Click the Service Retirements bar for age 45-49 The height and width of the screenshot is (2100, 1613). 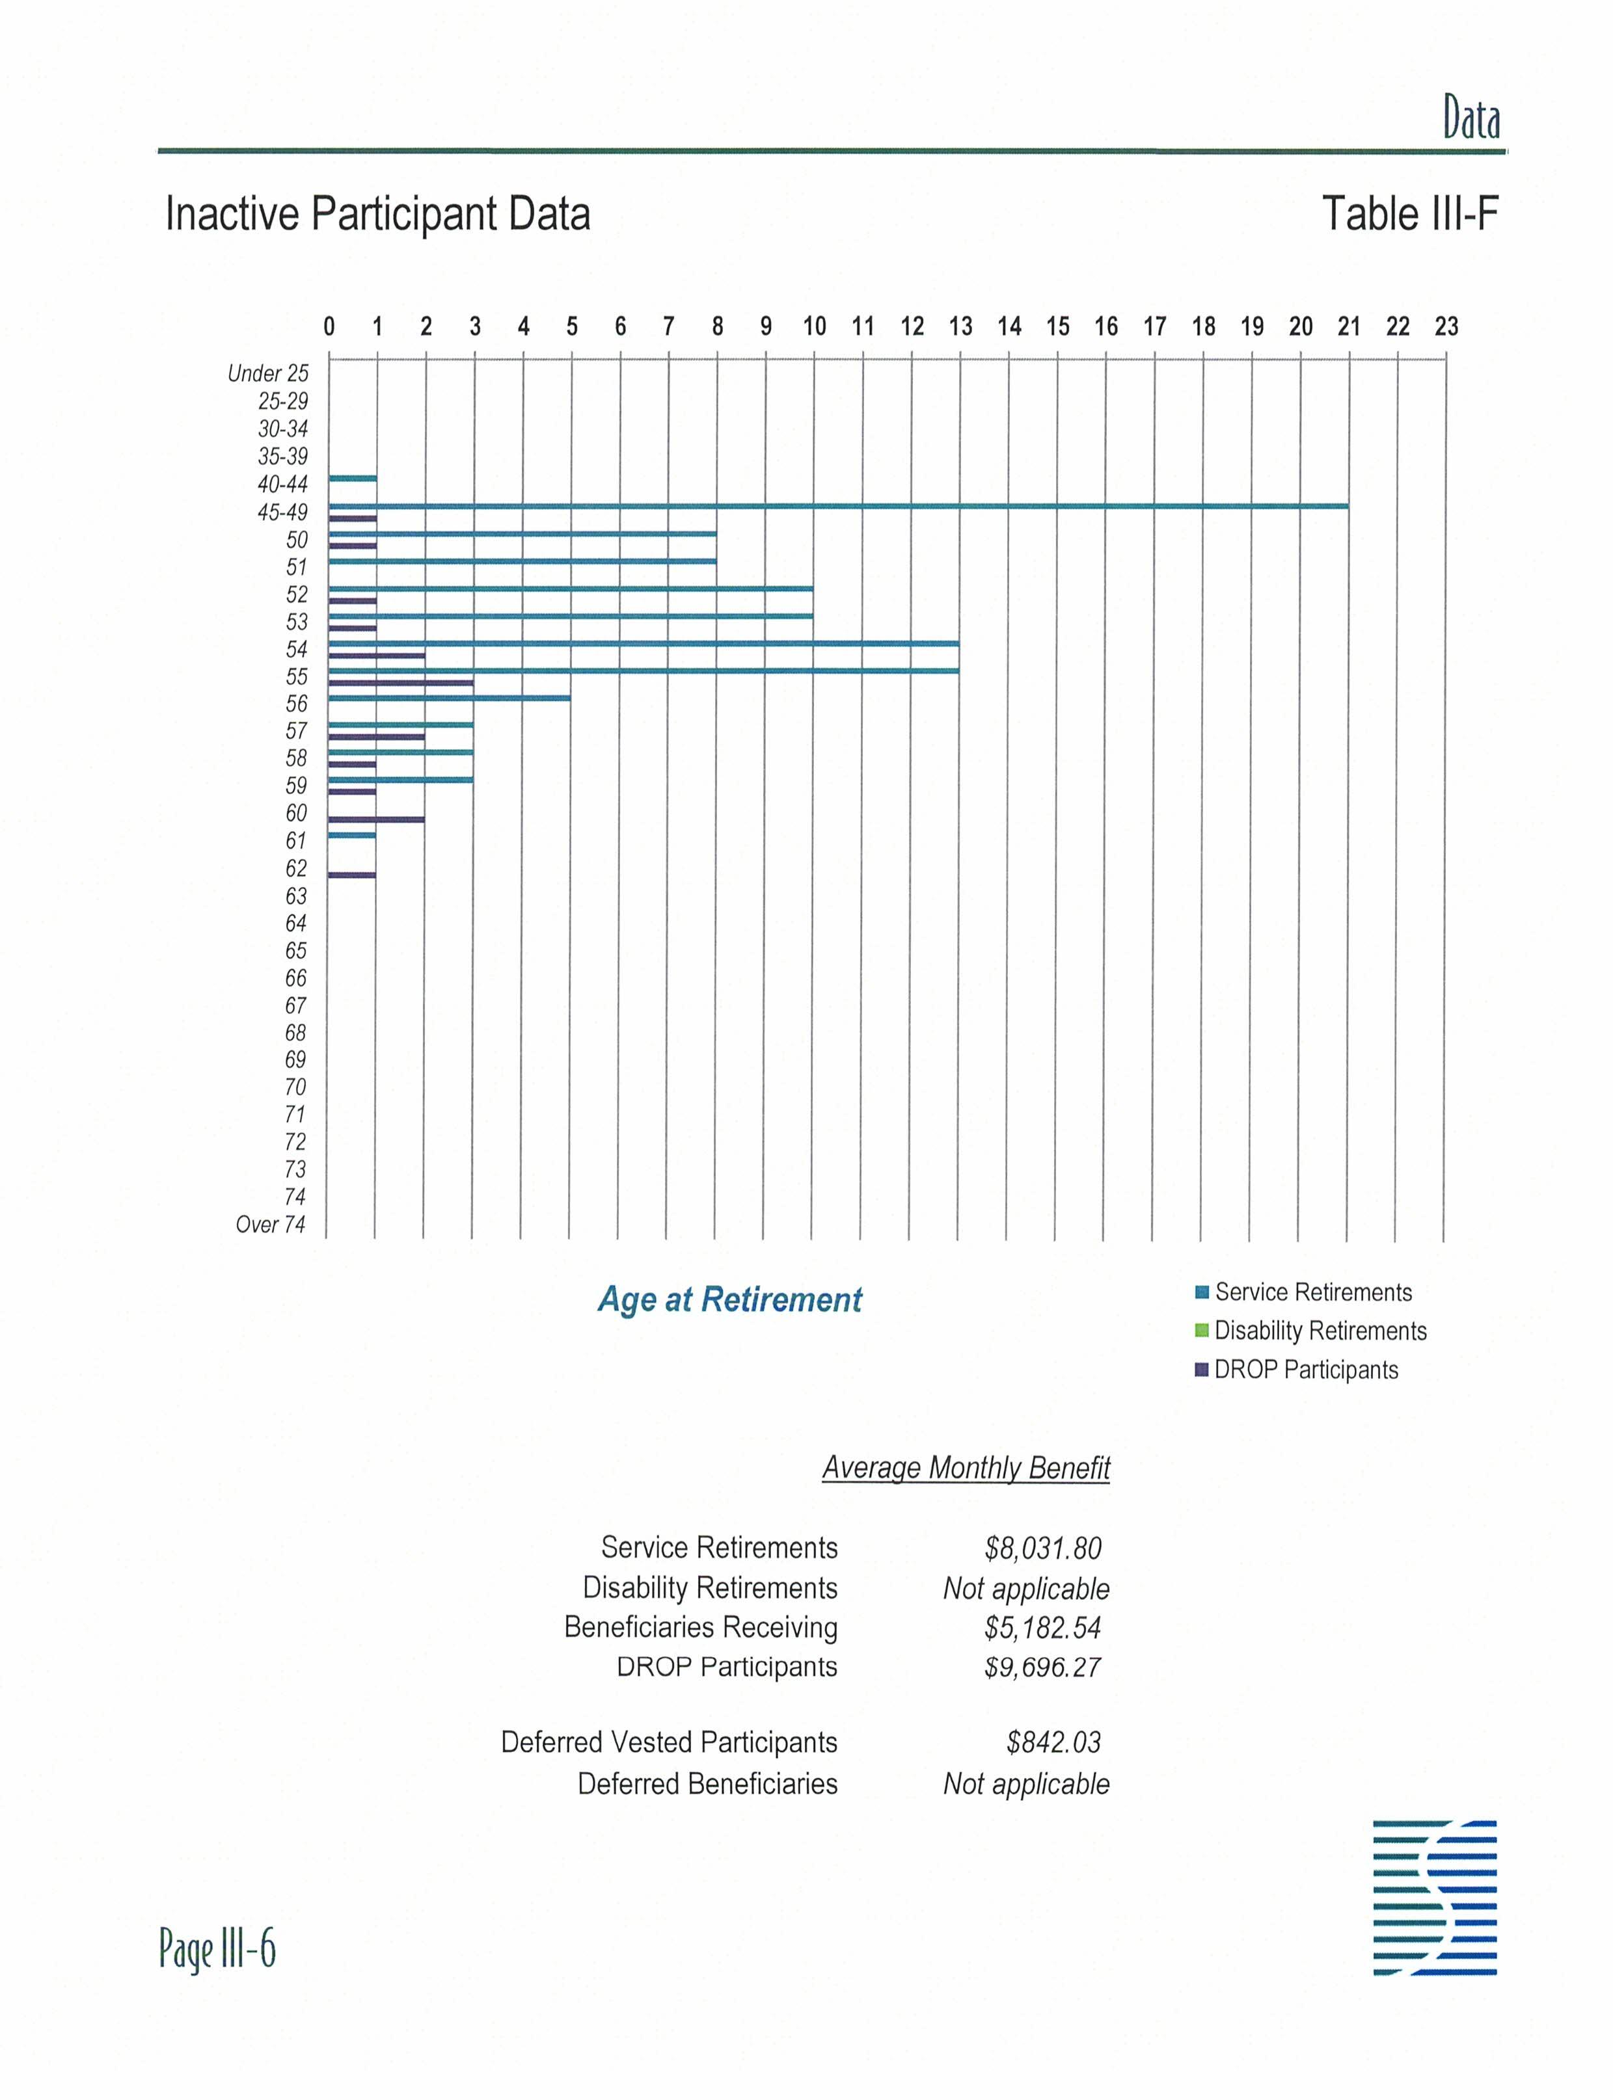837,506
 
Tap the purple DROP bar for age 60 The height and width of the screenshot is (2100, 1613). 376,819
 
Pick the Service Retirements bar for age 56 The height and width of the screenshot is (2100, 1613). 450,698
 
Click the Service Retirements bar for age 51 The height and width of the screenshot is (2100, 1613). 522,561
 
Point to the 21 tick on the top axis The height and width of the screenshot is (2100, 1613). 1348,327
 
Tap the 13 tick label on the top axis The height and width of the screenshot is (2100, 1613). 960,327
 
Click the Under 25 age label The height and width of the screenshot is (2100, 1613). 268,373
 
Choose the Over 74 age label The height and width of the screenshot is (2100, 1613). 271,1225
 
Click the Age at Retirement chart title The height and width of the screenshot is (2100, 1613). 729,1299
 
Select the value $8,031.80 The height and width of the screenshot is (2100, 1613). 1042,1548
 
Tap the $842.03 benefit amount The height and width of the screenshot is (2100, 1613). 1053,1742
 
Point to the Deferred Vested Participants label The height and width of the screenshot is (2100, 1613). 669,1742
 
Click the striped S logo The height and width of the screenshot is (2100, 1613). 1435,1898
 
